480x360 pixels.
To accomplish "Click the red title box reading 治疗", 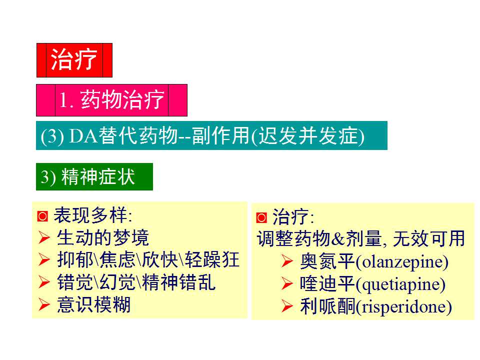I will point(74,60).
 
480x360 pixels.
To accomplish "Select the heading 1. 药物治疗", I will point(111,100).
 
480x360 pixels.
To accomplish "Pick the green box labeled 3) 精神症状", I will point(94,177).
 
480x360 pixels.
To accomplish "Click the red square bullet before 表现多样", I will point(42,216).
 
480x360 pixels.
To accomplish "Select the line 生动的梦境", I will point(103,237).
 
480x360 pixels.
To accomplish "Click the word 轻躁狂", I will point(212,260).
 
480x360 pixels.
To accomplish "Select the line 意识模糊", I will point(94,304).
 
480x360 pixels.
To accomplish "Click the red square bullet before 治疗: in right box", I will point(261,218).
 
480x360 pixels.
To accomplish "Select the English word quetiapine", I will point(400,284).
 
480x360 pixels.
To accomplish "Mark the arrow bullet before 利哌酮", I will point(287,306).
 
